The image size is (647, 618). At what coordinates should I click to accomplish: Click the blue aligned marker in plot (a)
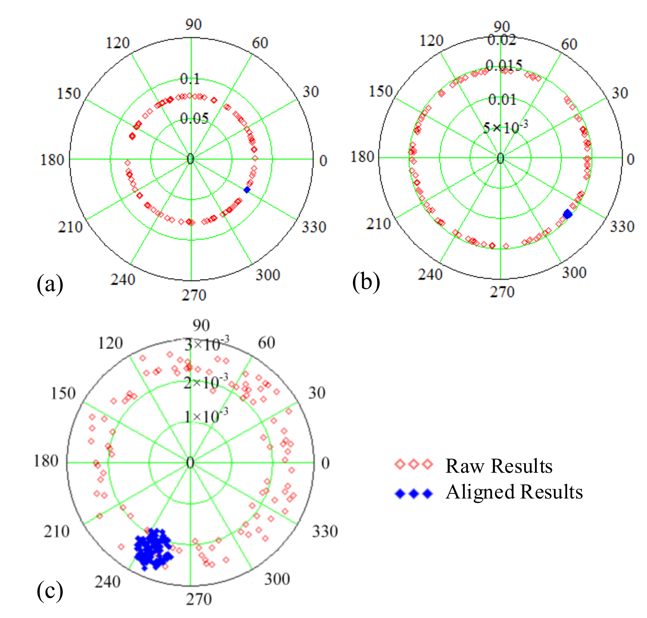[x=247, y=190]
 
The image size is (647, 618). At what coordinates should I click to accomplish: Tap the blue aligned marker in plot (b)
[x=567, y=214]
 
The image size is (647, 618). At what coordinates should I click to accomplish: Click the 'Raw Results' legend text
[x=499, y=466]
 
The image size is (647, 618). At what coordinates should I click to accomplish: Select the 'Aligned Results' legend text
[x=514, y=492]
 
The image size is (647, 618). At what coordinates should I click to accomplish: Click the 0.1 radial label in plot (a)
[x=190, y=79]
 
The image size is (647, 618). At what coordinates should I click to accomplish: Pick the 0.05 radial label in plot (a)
[x=194, y=118]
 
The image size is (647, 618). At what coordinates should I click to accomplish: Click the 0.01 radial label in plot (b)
[x=502, y=99]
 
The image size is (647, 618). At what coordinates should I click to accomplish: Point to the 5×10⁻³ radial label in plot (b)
[x=505, y=127]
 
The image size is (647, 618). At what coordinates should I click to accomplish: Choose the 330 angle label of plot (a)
[x=314, y=227]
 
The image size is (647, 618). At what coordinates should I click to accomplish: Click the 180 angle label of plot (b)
[x=362, y=157]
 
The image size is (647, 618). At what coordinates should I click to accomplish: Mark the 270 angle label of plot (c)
[x=199, y=599]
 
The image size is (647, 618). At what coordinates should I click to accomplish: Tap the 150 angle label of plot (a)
[x=69, y=93]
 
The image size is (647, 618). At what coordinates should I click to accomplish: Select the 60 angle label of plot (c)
[x=266, y=343]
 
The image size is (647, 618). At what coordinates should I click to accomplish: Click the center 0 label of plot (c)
[x=190, y=463]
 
